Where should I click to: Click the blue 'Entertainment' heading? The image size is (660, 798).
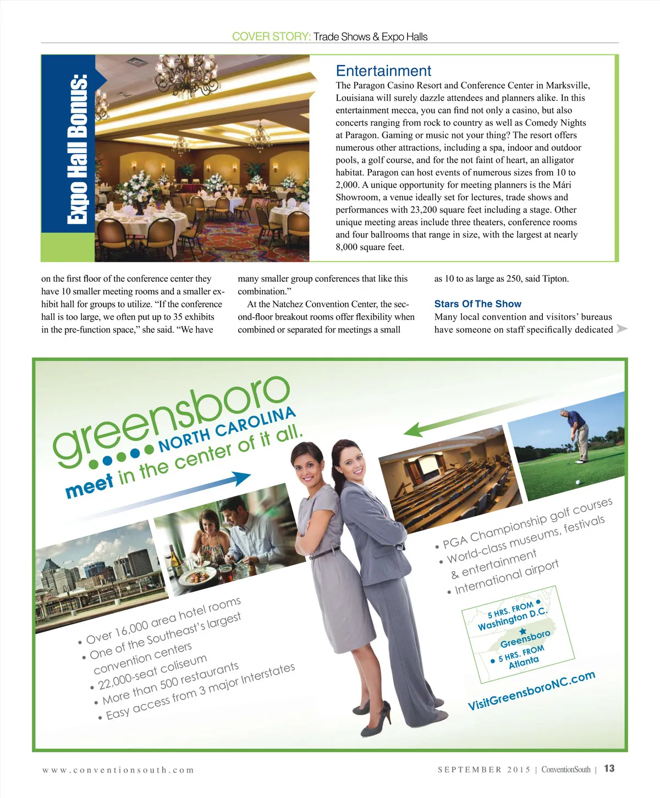383,71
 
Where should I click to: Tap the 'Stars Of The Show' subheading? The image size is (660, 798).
477,304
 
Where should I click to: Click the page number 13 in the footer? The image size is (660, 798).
609,769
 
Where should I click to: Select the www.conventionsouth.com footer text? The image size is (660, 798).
118,770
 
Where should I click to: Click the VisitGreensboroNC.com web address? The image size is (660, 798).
531,690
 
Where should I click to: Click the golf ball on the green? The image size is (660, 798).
577,482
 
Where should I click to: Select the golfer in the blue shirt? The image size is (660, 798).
577,435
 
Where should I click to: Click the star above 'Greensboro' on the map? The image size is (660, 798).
523,631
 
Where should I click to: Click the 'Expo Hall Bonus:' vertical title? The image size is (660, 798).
78,149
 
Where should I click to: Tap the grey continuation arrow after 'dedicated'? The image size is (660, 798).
621,329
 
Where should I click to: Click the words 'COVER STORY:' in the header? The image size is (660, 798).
271,37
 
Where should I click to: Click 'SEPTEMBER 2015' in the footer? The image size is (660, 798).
485,769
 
